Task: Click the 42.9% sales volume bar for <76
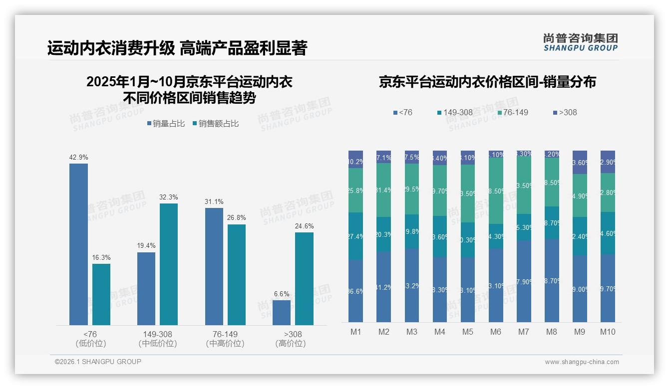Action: [78, 244]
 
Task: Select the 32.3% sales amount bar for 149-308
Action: [169, 264]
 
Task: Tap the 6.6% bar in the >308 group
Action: [282, 313]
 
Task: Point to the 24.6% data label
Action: [304, 226]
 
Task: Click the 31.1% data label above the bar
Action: [214, 202]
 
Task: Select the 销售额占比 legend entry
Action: [215, 124]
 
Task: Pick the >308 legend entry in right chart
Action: [564, 113]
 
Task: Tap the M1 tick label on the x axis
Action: [355, 332]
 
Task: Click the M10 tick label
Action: [608, 332]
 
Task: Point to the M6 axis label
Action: [496, 332]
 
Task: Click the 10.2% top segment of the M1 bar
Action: [355, 160]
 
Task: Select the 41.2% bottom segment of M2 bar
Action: [384, 287]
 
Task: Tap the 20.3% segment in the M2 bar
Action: [384, 234]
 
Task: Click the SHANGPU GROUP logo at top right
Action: [580, 42]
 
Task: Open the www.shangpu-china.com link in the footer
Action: [582, 362]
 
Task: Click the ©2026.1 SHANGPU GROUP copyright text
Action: [98, 362]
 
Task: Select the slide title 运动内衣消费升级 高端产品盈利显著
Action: [177, 48]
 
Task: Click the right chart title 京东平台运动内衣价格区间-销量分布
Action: [487, 82]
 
